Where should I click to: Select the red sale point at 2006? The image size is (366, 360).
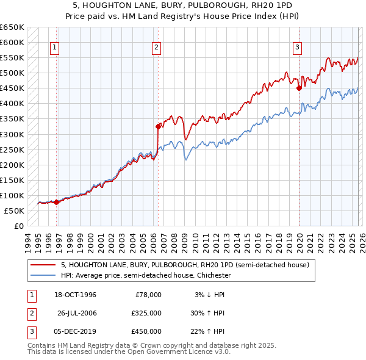click(x=158, y=126)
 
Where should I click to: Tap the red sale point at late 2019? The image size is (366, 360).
click(x=300, y=88)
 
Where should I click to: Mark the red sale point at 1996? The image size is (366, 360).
click(x=57, y=202)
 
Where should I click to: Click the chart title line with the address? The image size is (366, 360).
click(x=183, y=5)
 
